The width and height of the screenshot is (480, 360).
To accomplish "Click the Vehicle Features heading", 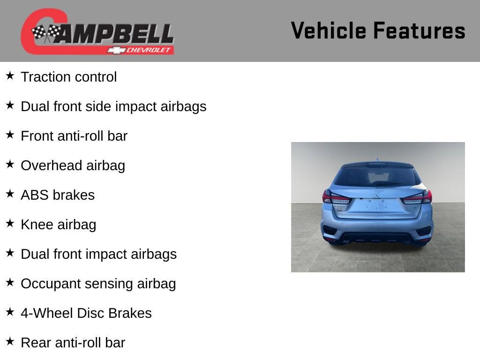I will click(x=378, y=30).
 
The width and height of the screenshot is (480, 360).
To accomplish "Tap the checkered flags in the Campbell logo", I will click(x=46, y=33).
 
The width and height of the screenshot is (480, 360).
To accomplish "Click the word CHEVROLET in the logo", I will click(x=149, y=50).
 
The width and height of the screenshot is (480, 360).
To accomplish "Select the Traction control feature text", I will click(x=68, y=77).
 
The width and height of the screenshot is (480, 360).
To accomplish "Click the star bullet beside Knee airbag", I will click(x=10, y=224).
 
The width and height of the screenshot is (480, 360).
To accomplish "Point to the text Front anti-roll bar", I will click(x=74, y=136).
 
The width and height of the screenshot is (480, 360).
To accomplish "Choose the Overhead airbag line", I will click(x=73, y=165).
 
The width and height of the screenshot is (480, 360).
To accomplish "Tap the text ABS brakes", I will click(x=58, y=195).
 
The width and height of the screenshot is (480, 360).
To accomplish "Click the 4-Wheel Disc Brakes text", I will click(x=86, y=313).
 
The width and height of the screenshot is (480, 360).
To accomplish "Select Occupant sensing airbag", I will click(x=98, y=284).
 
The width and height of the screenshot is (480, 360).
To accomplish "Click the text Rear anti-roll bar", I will click(x=73, y=343).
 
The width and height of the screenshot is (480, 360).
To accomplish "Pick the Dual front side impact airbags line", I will click(x=113, y=106).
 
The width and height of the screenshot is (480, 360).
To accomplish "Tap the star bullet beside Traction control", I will click(x=10, y=76).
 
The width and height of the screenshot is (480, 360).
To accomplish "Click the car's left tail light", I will click(x=335, y=197).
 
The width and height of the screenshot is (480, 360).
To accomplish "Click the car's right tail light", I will click(x=418, y=197).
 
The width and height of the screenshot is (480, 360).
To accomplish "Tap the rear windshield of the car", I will click(x=376, y=176).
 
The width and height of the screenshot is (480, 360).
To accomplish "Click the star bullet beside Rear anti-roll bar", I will click(x=10, y=342).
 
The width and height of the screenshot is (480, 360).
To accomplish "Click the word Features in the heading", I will click(x=419, y=30).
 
